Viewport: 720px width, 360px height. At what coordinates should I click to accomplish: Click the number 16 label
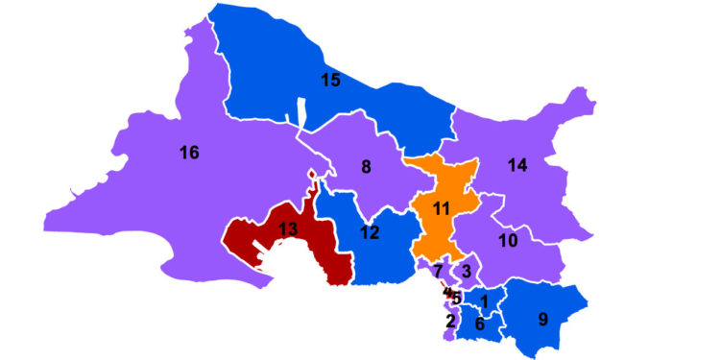[x=189, y=152]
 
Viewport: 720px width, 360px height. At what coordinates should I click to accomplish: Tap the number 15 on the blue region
[x=330, y=81]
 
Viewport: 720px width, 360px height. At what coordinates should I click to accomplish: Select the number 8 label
[x=366, y=167]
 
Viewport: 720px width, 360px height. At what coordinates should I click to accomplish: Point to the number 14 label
[x=517, y=166]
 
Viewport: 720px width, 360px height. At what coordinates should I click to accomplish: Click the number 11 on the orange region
[x=442, y=208]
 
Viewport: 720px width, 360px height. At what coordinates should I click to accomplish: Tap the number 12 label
[x=370, y=233]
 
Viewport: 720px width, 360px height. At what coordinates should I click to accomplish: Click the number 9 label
[x=543, y=320]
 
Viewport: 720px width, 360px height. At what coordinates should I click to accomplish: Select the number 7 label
[x=438, y=272]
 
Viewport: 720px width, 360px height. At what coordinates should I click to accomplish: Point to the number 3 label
[x=466, y=272]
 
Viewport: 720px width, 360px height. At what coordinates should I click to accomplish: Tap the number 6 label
[x=479, y=324]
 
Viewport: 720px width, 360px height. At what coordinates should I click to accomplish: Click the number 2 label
[x=450, y=320]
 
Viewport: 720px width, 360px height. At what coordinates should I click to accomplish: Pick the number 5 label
[x=458, y=298]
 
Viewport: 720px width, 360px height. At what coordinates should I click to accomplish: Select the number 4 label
[x=446, y=291]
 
